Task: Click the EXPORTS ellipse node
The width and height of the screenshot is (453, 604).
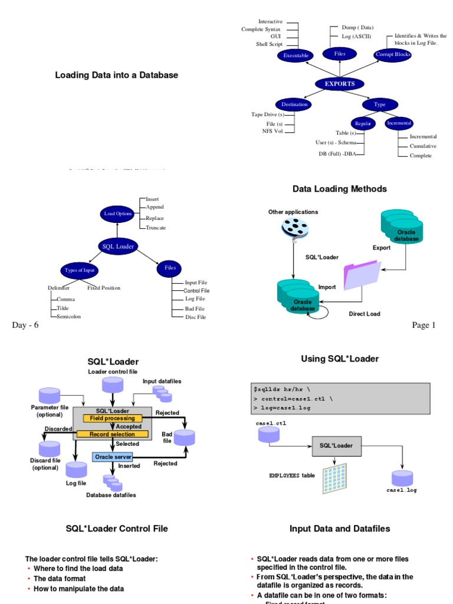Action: pyautogui.click(x=339, y=83)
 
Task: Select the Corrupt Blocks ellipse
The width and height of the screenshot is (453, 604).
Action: pyautogui.click(x=393, y=55)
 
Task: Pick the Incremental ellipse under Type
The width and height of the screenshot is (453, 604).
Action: pyautogui.click(x=399, y=123)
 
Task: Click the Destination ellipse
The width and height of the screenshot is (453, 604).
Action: pyautogui.click(x=294, y=104)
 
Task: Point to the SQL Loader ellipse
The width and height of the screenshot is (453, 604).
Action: pyautogui.click(x=117, y=246)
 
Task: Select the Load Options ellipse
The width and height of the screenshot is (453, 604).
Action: pyautogui.click(x=117, y=213)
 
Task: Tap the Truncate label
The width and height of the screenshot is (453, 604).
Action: pyautogui.click(x=156, y=228)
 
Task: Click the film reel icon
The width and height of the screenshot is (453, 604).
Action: pyautogui.click(x=293, y=227)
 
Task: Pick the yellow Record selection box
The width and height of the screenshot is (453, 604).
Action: pyautogui.click(x=113, y=434)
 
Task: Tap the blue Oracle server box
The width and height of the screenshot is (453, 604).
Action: pyautogui.click(x=113, y=457)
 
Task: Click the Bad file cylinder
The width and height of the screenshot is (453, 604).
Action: pyautogui.click(x=184, y=437)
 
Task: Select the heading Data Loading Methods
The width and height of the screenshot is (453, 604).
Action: pyautogui.click(x=340, y=189)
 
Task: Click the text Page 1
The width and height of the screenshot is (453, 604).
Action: pyautogui.click(x=424, y=326)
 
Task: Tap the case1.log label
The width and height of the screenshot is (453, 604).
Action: pyautogui.click(x=402, y=490)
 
